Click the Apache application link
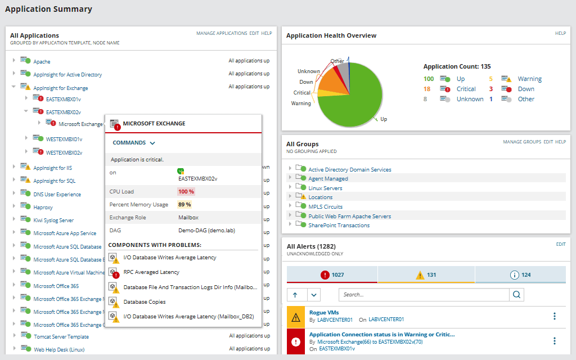tap(42, 61)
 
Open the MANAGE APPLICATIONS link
tap(222, 33)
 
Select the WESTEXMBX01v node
tap(64, 139)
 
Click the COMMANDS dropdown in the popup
tap(134, 143)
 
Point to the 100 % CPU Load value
tap(186, 191)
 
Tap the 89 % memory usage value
tap(185, 204)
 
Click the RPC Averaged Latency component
tap(151, 272)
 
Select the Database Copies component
tap(145, 302)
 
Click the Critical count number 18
tap(427, 89)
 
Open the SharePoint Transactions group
tap(339, 225)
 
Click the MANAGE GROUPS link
tap(521, 142)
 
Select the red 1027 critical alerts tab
tap(332, 275)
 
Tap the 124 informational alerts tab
tap(520, 275)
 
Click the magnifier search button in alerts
tap(516, 294)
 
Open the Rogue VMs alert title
tap(324, 312)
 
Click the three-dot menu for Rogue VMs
tap(555, 316)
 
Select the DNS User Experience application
tap(57, 195)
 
